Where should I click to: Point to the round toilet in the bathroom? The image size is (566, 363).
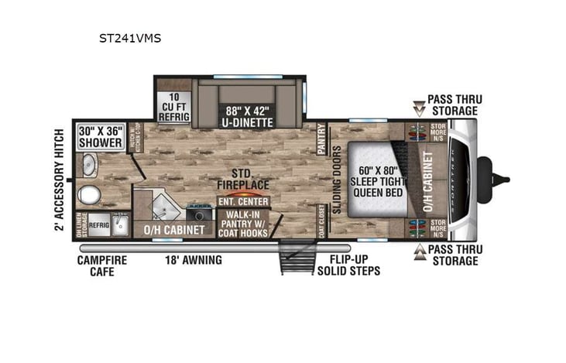tap(91, 194)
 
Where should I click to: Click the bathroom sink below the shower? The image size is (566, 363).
tap(90, 165)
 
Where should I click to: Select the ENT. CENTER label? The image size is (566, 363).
tap(243, 201)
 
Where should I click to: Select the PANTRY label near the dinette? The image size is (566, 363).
tap(322, 142)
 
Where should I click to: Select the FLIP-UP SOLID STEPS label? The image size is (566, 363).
tap(348, 265)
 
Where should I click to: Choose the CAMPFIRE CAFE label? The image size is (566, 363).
tap(102, 265)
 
